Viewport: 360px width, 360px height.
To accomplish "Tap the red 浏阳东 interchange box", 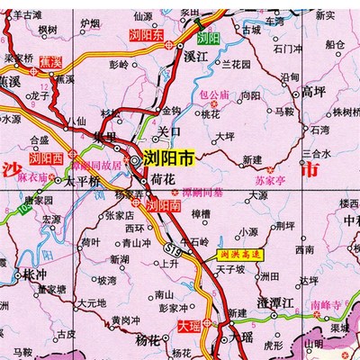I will click(x=147, y=36).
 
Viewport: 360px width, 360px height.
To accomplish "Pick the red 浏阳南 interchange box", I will click(x=165, y=205).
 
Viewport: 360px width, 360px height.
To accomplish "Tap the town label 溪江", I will click(x=195, y=57).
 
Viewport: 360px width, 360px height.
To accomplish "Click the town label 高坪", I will click(x=312, y=91).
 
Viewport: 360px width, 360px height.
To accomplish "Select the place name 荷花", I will click(x=163, y=180).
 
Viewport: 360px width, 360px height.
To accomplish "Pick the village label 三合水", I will click(x=317, y=129).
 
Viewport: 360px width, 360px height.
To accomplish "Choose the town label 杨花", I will click(x=148, y=341).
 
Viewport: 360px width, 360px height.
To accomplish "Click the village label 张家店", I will click(x=120, y=215).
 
